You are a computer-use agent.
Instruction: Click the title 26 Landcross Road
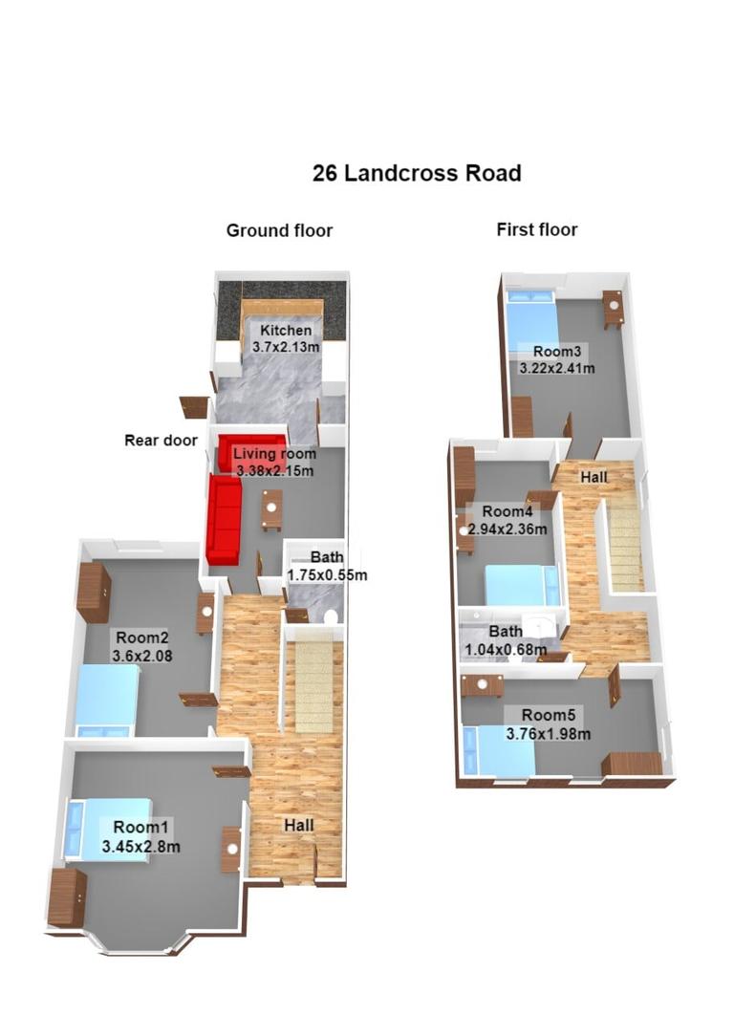pyautogui.click(x=417, y=173)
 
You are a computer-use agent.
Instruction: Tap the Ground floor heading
pyautogui.click(x=279, y=230)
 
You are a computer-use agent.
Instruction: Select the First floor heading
pyautogui.click(x=536, y=229)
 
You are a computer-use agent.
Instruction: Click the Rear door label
pyautogui.click(x=161, y=441)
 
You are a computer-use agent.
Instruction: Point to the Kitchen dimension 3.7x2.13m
pyautogui.click(x=286, y=348)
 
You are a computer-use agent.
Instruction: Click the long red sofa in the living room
pyautogui.click(x=225, y=522)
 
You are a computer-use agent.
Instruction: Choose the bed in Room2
pyautogui.click(x=105, y=700)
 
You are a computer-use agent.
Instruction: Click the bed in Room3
pyautogui.click(x=530, y=325)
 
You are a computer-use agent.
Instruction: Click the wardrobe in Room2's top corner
pyautogui.click(x=94, y=593)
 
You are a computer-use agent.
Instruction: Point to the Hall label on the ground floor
pyautogui.click(x=298, y=825)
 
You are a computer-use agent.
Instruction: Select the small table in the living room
pyautogui.click(x=272, y=509)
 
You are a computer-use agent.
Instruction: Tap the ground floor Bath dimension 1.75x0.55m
pyautogui.click(x=327, y=575)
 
